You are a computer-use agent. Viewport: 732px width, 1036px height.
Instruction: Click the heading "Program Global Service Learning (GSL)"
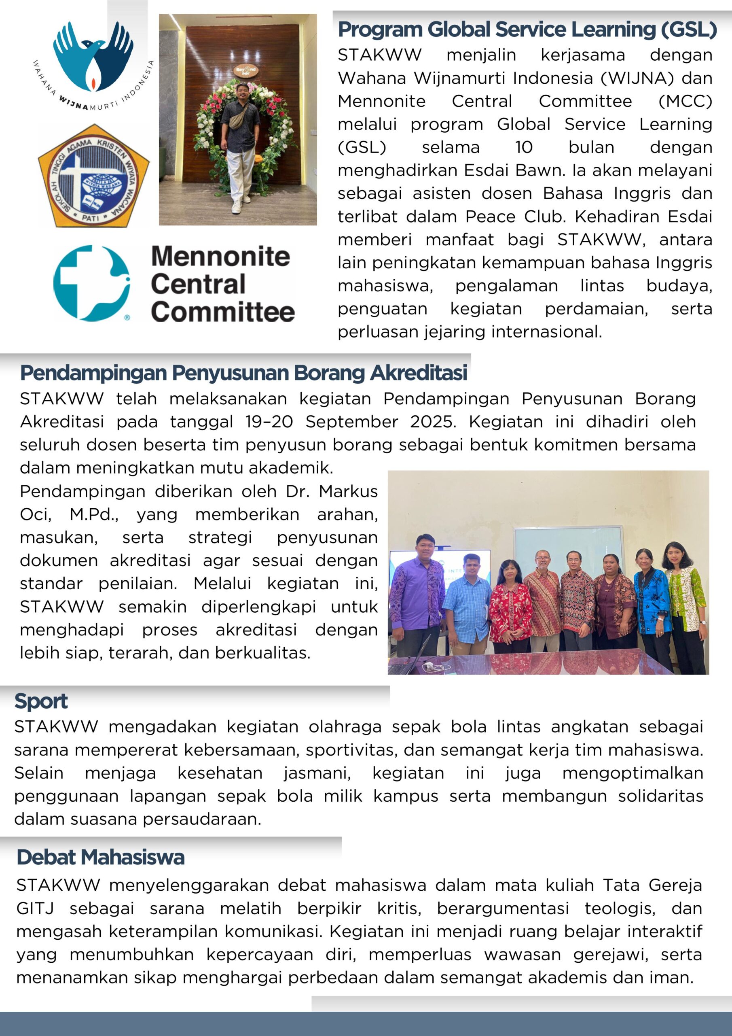click(527, 30)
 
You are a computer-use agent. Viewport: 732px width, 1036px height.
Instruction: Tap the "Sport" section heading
click(41, 701)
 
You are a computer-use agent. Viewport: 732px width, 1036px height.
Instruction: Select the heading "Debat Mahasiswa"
click(101, 857)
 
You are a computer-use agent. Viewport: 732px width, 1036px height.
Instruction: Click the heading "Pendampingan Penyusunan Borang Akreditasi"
click(243, 373)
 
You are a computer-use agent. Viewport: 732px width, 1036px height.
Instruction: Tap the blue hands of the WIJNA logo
click(93, 54)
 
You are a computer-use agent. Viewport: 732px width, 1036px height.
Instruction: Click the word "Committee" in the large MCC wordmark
click(223, 312)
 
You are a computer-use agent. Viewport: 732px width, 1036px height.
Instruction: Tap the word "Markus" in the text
click(348, 491)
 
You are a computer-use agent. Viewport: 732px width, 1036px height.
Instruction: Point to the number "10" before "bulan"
click(524, 147)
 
